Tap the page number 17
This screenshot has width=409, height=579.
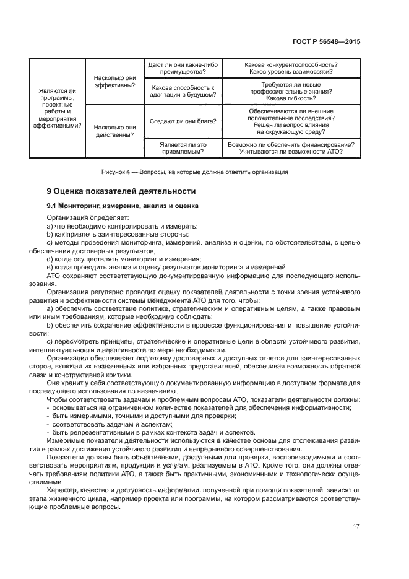pos(356,526)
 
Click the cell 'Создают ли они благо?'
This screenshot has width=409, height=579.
pos(183,121)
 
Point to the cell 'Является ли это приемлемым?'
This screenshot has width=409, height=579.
pos(183,149)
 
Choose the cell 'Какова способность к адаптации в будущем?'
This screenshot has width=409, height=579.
pos(183,91)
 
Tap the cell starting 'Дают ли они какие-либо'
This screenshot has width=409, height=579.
pos(183,68)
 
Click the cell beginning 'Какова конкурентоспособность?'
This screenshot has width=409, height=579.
pos(291,68)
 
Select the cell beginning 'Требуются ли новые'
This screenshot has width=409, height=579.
pos(291,91)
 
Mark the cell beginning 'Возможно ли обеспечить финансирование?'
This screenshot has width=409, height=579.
pos(291,149)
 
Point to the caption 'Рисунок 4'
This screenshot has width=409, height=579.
pos(194,172)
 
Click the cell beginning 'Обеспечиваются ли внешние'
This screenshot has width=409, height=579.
pos(291,121)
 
